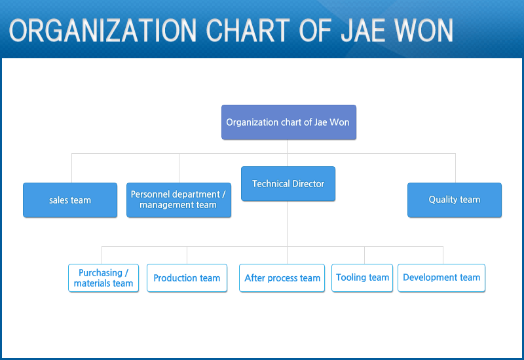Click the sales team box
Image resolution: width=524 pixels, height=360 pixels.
click(70, 200)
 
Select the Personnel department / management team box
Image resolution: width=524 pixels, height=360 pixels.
click(179, 200)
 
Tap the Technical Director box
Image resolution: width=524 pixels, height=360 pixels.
click(288, 184)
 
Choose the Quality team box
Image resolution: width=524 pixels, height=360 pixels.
click(455, 200)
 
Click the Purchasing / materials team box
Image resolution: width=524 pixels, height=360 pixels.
click(103, 278)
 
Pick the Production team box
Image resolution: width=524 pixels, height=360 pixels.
click(187, 278)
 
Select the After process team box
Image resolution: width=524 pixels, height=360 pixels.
click(282, 278)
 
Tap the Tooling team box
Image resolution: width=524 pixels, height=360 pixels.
click(362, 278)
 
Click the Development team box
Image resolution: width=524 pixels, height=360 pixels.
click(441, 278)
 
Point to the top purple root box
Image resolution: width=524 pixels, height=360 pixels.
click(289, 122)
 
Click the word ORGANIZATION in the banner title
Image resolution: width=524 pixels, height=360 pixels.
click(103, 30)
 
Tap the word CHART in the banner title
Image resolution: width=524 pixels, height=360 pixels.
click(248, 30)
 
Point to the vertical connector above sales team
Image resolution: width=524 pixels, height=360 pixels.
click(72, 168)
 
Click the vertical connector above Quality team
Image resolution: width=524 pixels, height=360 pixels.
click(455, 168)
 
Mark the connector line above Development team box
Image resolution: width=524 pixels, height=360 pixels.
click(443, 255)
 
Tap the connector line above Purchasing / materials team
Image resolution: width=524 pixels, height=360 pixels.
click(102, 255)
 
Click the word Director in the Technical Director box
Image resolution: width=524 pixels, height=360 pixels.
click(308, 184)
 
